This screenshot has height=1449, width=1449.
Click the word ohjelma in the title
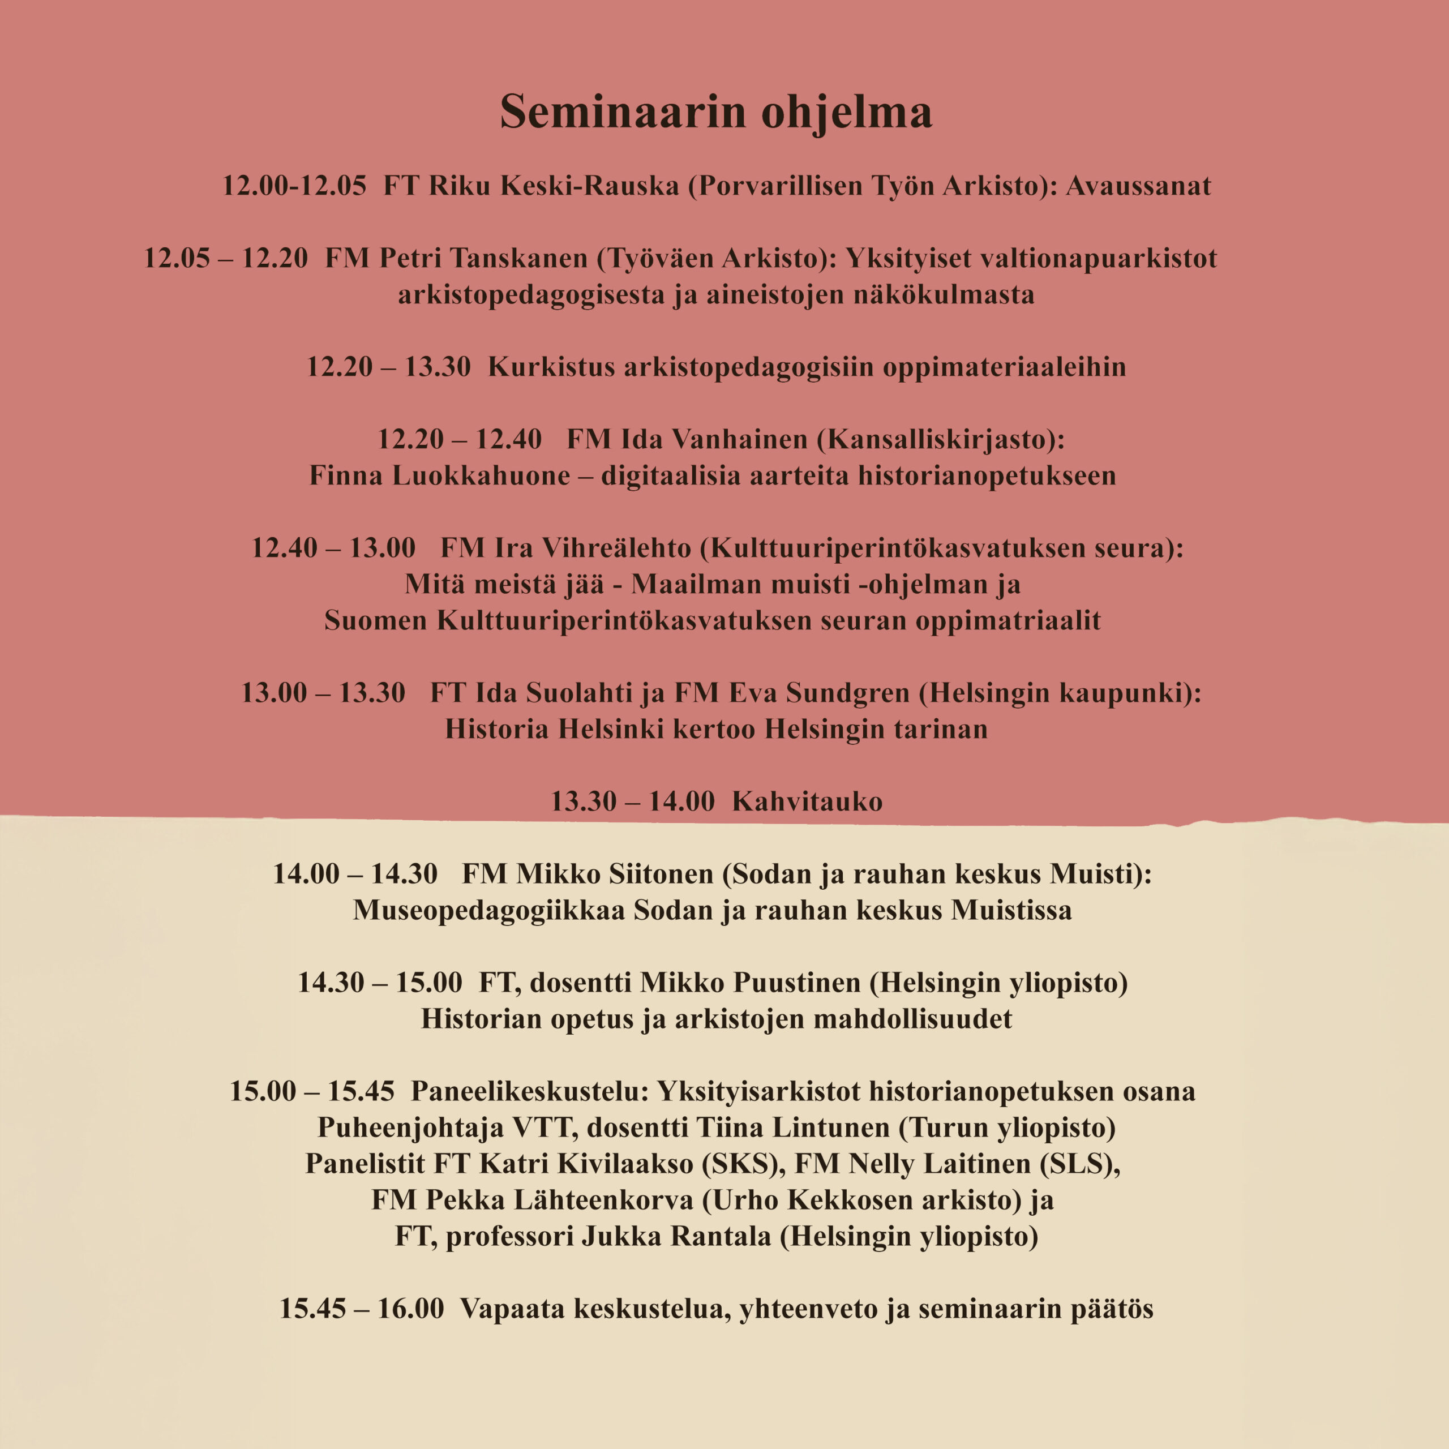pyautogui.click(x=847, y=113)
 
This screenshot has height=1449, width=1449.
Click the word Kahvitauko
pyautogui.click(x=807, y=801)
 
